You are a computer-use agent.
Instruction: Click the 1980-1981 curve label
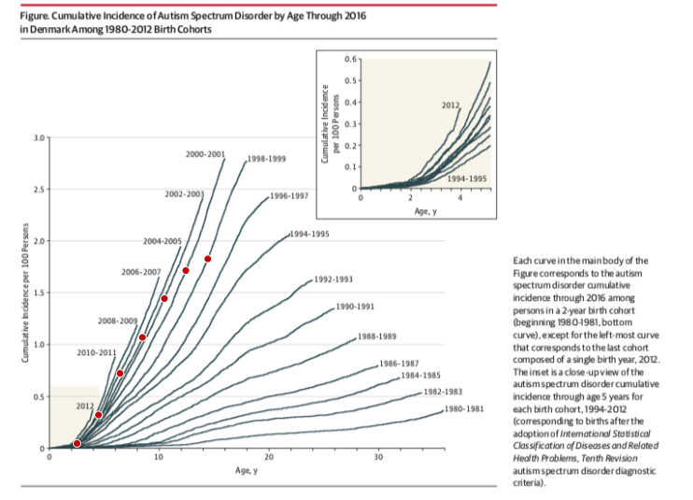(462, 409)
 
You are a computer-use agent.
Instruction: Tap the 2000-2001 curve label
(205, 152)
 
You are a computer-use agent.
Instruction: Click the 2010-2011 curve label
(97, 352)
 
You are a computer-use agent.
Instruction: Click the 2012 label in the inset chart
(451, 107)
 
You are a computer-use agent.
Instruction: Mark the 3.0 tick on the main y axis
(38, 137)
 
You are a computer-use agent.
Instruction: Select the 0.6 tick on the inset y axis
(347, 59)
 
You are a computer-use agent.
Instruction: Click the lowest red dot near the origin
(77, 444)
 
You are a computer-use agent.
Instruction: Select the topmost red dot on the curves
(207, 259)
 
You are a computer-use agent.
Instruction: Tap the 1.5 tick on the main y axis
(38, 293)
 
